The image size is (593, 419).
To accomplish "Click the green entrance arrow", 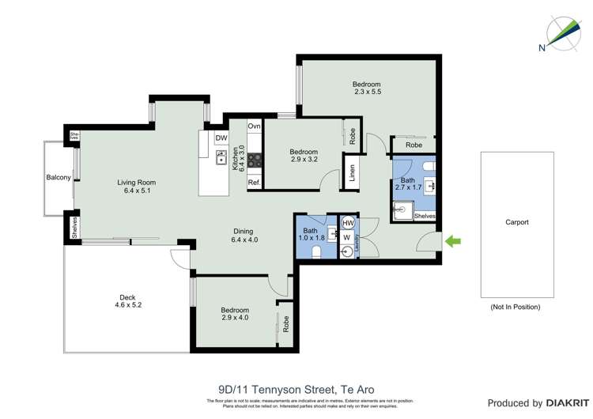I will (453, 240).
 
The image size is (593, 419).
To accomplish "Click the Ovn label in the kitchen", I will (254, 126).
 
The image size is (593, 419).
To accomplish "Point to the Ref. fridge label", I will (254, 183).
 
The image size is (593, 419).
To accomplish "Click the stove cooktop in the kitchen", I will (255, 162).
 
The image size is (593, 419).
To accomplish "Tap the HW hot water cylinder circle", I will (346, 223).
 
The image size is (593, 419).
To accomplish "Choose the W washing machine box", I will (346, 236).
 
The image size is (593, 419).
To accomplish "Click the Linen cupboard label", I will (352, 172).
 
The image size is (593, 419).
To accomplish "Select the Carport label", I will (516, 222).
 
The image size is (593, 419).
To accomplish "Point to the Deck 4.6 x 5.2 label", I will (128, 300).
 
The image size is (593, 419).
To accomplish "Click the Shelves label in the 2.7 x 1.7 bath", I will (425, 216).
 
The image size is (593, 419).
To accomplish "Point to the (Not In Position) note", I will (516, 307).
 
